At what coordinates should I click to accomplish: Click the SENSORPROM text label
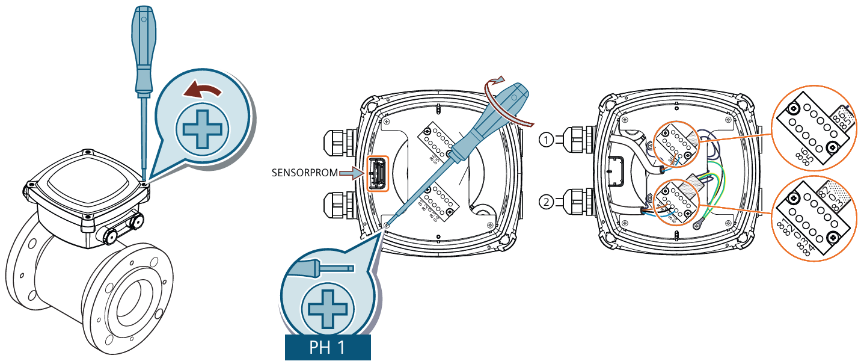tap(305, 173)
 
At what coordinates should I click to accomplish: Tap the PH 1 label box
tap(327, 348)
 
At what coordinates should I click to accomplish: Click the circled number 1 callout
tap(545, 140)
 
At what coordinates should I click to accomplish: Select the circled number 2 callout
tap(545, 202)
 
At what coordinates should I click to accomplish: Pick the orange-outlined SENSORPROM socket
tap(378, 174)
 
